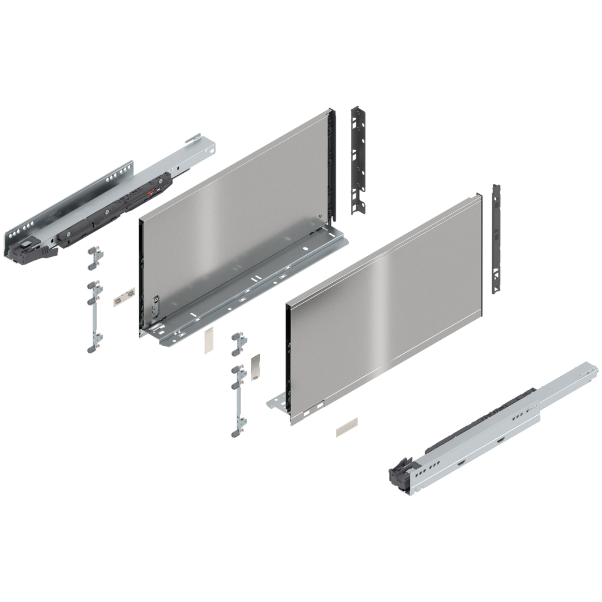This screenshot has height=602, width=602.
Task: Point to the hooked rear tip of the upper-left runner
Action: tap(200, 145)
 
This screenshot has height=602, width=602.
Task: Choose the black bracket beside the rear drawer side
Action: tap(357, 159)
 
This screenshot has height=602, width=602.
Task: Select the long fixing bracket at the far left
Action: tap(95, 317)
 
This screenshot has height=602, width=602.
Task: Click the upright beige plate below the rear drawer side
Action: tap(208, 342)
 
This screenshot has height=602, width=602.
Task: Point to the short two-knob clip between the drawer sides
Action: tap(237, 343)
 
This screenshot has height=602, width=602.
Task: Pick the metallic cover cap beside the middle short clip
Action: tap(255, 367)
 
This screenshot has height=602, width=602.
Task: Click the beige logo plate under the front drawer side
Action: tap(346, 427)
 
